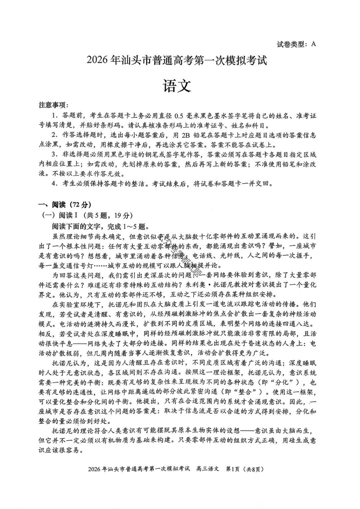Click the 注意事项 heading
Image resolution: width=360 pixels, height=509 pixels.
[53, 105]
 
